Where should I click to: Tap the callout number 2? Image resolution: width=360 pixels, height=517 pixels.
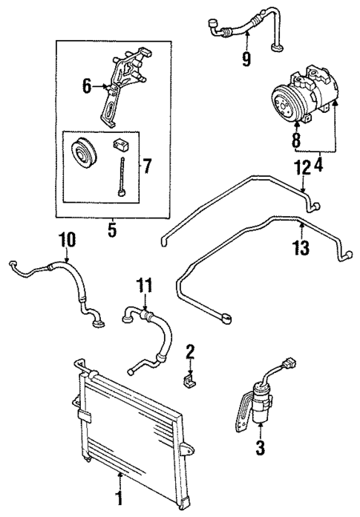click(x=190, y=351)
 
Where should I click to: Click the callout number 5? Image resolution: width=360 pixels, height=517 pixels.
click(x=112, y=230)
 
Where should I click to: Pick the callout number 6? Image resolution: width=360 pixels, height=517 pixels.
click(x=87, y=87)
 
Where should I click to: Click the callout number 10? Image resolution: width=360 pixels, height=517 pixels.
click(x=67, y=240)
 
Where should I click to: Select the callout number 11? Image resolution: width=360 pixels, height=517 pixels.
click(x=144, y=284)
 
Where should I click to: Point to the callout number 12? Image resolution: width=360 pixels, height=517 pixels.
click(x=301, y=169)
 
